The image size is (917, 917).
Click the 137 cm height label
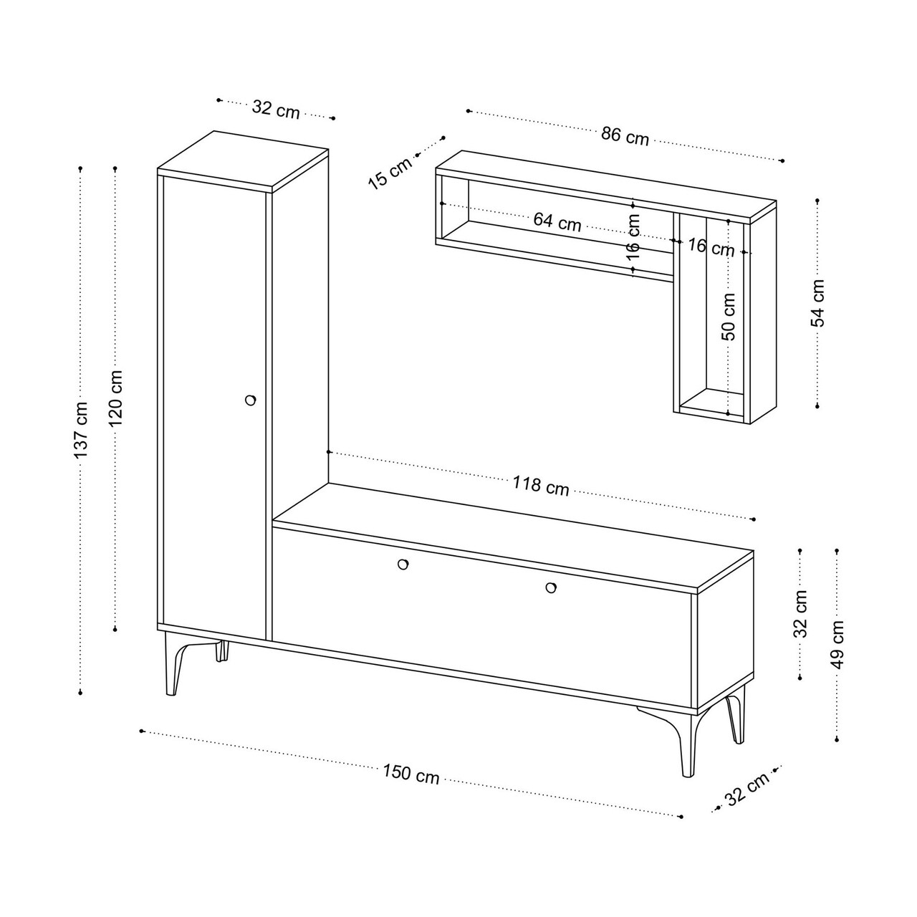coord(81,429)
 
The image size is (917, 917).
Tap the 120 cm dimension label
coord(115,398)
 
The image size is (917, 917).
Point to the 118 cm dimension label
coord(541,486)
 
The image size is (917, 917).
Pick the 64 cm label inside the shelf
coord(557,221)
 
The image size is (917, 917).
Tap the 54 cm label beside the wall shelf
coord(817,303)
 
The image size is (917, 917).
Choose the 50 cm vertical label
coord(729,317)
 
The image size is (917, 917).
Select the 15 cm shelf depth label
coord(390,173)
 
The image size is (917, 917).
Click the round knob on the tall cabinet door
coord(250,400)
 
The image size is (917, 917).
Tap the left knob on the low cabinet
coord(403,564)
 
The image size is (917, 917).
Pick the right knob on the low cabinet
coord(551,587)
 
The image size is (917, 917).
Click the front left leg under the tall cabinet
coord(173,663)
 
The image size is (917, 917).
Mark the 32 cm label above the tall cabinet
coord(276,110)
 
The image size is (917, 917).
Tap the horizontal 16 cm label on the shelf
coord(711,247)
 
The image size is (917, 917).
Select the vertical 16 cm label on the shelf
coord(633,237)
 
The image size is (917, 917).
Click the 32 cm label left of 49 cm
coord(802,613)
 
